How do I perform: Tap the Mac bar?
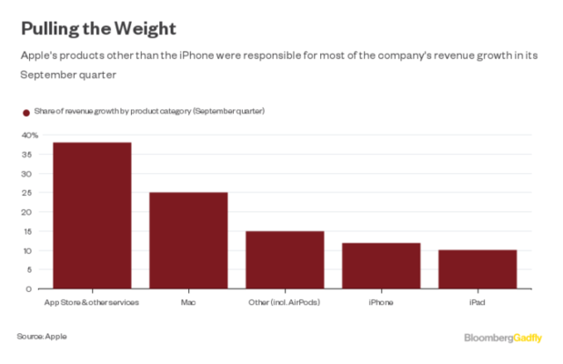point(188,240)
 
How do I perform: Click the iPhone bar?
point(381,266)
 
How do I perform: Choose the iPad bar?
point(478,269)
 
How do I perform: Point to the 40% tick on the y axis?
point(30,135)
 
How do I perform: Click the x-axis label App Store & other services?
point(92,301)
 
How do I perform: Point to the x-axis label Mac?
point(188,301)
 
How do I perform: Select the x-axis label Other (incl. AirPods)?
point(285,301)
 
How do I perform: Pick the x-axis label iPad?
point(478,301)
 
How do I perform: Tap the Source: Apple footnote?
point(42,337)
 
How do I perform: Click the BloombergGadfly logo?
point(503,338)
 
